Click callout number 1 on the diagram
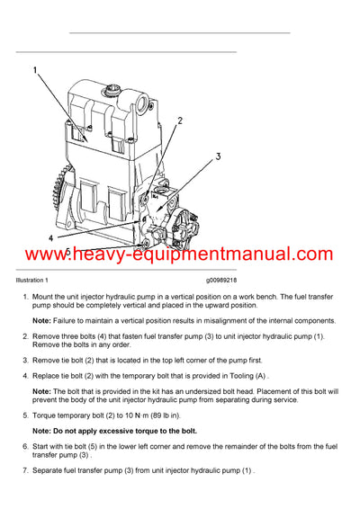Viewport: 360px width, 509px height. [x=35, y=70]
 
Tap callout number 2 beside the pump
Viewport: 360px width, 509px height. [x=180, y=121]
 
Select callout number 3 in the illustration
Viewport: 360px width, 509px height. [x=217, y=157]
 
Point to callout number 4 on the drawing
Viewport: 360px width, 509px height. [x=51, y=237]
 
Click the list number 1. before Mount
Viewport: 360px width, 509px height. [x=24, y=296]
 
